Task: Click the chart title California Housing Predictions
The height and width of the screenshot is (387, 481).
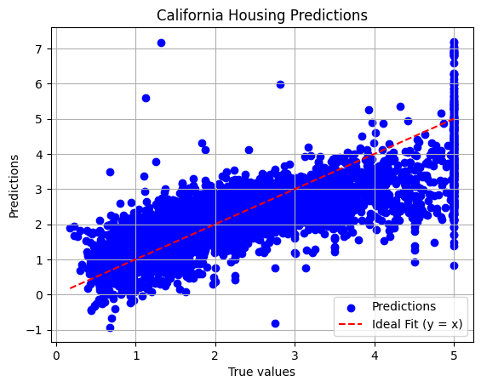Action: (262, 15)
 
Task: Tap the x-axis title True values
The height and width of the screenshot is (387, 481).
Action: (261, 372)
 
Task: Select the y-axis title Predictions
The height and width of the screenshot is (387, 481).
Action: (14, 186)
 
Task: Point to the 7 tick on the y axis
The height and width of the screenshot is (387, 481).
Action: (39, 49)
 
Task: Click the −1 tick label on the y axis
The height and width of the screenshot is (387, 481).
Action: (34, 331)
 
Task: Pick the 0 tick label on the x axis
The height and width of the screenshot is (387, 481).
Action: (56, 356)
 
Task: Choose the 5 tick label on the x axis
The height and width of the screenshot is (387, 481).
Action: (455, 356)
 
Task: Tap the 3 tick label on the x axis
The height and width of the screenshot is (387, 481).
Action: (295, 356)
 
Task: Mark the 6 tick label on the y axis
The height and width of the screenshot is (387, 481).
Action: (39, 84)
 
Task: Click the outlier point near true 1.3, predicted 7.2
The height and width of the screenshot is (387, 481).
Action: (162, 43)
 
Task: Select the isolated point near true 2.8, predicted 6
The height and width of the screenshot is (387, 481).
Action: (280, 84)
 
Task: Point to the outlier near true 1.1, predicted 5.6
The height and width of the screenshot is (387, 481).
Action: (146, 98)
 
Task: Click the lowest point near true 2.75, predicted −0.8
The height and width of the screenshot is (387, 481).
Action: (276, 323)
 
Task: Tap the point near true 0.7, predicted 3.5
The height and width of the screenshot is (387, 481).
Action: (110, 172)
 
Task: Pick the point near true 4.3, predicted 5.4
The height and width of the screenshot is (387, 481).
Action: (400, 106)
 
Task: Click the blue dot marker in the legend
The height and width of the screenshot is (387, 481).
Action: (352, 308)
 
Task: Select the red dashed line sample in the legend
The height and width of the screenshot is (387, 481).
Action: (351, 324)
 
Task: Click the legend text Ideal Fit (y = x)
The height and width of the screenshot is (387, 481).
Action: (417, 324)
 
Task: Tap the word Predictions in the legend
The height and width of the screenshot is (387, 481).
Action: (404, 306)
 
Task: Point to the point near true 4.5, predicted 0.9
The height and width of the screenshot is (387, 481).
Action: (415, 262)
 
